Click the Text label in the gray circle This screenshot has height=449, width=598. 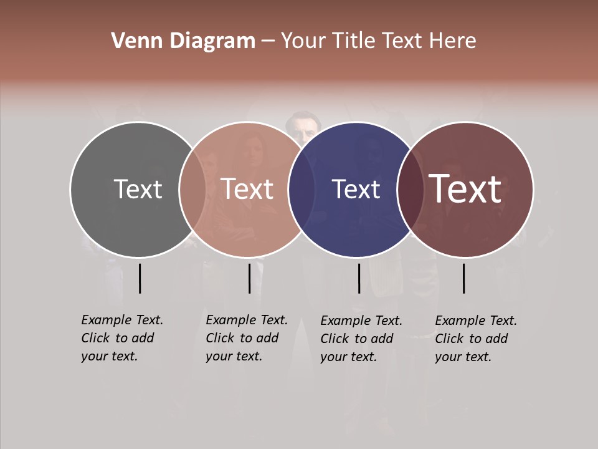pyautogui.click(x=138, y=189)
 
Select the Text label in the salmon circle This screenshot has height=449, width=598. pyautogui.click(x=247, y=189)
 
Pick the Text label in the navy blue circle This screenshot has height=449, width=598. pyautogui.click(x=356, y=189)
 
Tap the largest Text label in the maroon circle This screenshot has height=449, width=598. pyautogui.click(x=465, y=188)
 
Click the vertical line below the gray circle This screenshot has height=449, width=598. pyautogui.click(x=140, y=278)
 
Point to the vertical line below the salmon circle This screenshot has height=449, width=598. pyautogui.click(x=249, y=278)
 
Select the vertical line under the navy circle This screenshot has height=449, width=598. pyautogui.click(x=359, y=278)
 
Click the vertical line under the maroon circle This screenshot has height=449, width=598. pyautogui.click(x=464, y=278)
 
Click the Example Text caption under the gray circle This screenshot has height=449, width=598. pyautogui.click(x=122, y=337)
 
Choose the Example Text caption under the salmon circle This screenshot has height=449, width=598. pyautogui.click(x=247, y=337)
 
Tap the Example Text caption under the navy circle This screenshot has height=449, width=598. pyautogui.click(x=361, y=338)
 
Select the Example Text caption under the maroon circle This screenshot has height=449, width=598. pyautogui.click(x=476, y=338)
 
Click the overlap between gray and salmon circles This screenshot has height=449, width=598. pyautogui.click(x=192, y=189)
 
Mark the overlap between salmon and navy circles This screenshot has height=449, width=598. pyautogui.click(x=301, y=189)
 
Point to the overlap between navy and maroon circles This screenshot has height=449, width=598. pyautogui.click(x=410, y=189)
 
